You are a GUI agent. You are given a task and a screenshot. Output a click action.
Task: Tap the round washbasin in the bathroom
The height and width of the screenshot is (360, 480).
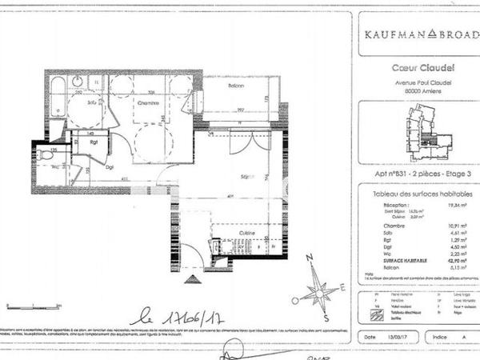[78, 81]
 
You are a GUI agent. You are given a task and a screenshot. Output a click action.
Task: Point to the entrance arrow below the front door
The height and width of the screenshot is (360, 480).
[192, 280]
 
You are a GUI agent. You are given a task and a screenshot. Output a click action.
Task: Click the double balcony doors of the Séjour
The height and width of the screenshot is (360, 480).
[245, 140]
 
